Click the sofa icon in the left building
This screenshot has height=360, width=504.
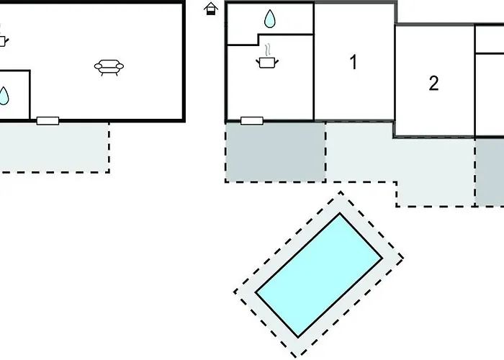pos(108,68)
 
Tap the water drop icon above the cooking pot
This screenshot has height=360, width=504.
pos(269,19)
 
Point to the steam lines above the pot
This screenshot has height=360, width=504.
pos(268,50)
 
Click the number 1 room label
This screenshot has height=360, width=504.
pos(353,63)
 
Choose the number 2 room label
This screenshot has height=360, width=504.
pos(433,84)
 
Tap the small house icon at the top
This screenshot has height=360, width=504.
pos(210,9)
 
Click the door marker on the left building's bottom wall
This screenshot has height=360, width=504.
pos(48,120)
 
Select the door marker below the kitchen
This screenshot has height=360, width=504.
pos(251,120)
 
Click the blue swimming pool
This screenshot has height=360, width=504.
pos(318,275)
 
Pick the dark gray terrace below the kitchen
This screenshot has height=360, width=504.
pos(275,151)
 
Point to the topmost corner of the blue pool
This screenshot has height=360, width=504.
pos(341,214)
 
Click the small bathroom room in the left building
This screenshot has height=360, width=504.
pos(13,94)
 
